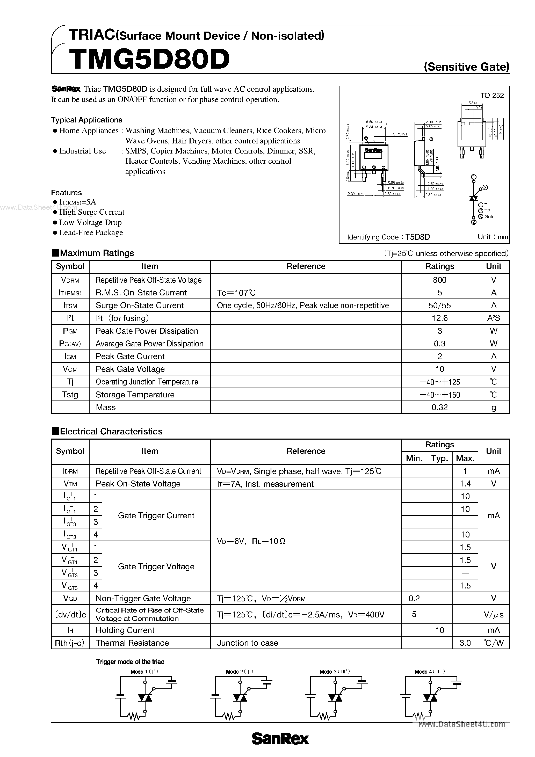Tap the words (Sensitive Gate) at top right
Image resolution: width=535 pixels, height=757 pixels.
point(466,67)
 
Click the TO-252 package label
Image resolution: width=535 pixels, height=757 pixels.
point(492,96)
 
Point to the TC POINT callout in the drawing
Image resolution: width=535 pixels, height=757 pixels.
point(399,134)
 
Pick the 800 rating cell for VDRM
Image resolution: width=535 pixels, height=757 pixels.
point(439,280)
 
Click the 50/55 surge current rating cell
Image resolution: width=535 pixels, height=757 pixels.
point(439,305)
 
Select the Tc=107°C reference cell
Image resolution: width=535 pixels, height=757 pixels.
point(236,293)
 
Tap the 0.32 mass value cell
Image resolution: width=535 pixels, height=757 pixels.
point(439,407)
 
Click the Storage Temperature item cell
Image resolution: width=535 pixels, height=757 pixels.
point(135,395)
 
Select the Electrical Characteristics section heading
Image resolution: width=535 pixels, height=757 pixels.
point(111,431)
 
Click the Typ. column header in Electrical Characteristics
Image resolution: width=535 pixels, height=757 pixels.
point(439,458)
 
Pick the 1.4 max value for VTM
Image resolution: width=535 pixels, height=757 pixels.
point(465,484)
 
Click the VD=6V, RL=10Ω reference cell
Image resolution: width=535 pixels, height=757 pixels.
point(251,541)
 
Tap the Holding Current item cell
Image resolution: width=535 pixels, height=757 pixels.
point(125,630)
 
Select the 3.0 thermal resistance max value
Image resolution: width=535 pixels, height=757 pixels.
point(465,643)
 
